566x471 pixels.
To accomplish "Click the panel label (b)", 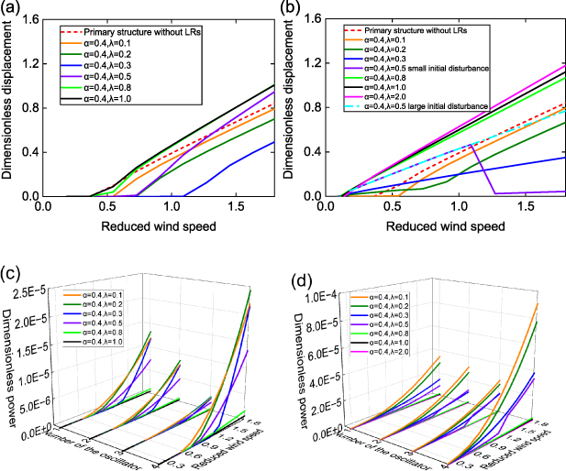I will click(x=294, y=8).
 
